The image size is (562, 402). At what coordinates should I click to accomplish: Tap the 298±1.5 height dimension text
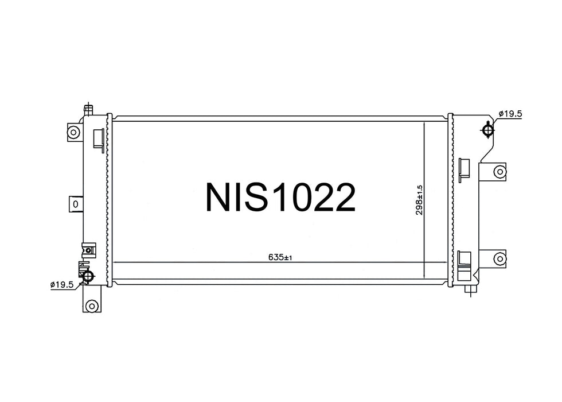[x=419, y=200]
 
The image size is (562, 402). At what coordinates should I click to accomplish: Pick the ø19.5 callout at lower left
[x=62, y=285]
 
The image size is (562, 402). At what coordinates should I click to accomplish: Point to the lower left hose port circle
[x=88, y=276]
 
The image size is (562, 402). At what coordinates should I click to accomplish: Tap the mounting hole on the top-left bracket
[x=73, y=132]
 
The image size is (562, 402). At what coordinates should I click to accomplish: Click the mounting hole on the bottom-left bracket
[x=92, y=306]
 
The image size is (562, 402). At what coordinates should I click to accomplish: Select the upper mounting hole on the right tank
[x=499, y=172]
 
